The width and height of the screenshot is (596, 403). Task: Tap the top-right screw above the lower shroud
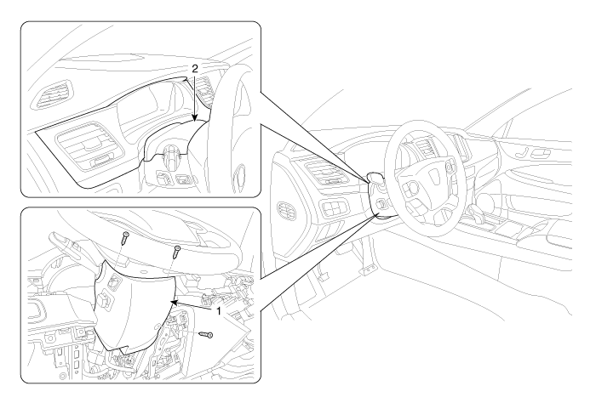point(177,251)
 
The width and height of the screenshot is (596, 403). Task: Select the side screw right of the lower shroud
point(207,337)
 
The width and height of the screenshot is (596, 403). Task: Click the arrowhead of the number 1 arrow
point(173,301)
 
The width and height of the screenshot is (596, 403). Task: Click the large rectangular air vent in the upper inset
point(89,152)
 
